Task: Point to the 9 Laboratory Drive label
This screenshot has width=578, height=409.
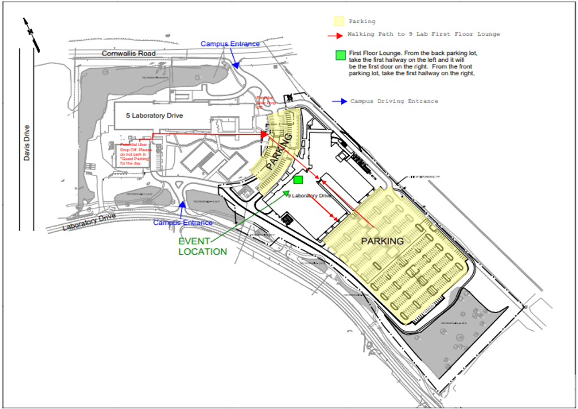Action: pos(310,195)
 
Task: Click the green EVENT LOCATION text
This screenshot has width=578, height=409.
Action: pos(202,246)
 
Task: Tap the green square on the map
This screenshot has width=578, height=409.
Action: pos(298,180)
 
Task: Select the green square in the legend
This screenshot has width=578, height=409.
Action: pos(340,55)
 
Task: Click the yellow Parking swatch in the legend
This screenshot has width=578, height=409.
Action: pos(339,22)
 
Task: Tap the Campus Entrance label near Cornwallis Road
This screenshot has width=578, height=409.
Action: pos(230,44)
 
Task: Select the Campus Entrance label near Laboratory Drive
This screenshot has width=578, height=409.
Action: pos(183,223)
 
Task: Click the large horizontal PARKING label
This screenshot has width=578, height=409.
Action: pos(382,241)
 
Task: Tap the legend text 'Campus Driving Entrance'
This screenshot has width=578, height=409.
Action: pos(394,101)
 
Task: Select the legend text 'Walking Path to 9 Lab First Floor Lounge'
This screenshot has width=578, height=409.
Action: pos(424,35)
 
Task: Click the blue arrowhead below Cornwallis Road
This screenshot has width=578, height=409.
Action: pos(235,66)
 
